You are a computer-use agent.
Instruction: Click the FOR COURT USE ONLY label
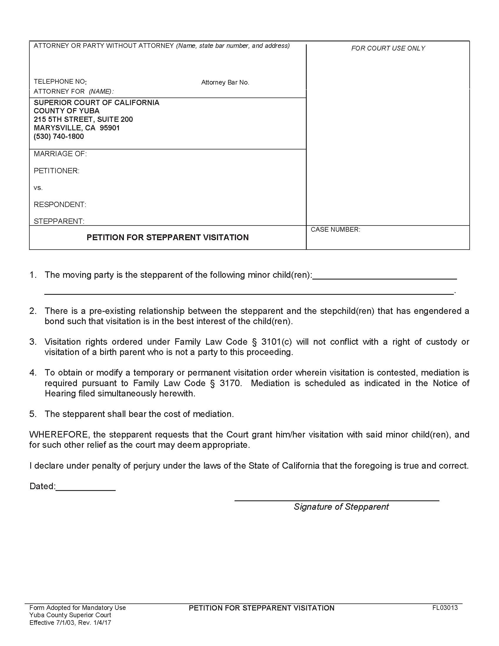[x=388, y=48]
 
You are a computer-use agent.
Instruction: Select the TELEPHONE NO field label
[x=60, y=82]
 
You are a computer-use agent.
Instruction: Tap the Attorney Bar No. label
[x=225, y=83]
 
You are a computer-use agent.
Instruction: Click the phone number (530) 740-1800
[x=59, y=136]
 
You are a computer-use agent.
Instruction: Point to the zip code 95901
[x=110, y=128]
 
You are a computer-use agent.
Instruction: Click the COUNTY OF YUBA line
[x=67, y=111]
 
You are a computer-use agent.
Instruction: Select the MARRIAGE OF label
[x=60, y=154]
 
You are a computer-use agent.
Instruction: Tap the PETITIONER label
[x=56, y=171]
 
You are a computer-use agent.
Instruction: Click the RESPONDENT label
[x=60, y=205]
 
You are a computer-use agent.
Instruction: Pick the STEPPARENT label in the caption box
[x=59, y=221]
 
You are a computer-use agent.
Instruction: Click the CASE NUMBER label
[x=335, y=230]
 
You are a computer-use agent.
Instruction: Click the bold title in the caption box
[x=167, y=238]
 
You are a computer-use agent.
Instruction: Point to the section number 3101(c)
[x=277, y=342]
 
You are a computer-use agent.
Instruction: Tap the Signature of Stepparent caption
[x=341, y=507]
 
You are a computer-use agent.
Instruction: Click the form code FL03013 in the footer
[x=445, y=608]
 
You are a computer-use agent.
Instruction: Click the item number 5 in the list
[x=33, y=414]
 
